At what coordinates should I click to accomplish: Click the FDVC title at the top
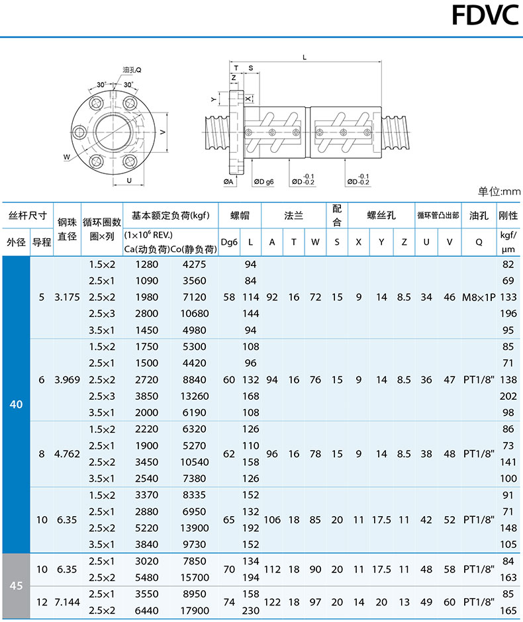click(x=484, y=15)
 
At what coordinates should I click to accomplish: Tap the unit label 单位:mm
click(x=499, y=192)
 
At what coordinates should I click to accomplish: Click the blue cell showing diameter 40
click(x=17, y=404)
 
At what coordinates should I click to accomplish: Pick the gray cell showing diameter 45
click(x=17, y=586)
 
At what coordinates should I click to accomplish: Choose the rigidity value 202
click(x=508, y=396)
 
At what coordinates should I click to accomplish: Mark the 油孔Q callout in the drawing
click(x=132, y=69)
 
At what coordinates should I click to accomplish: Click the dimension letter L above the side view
click(x=304, y=58)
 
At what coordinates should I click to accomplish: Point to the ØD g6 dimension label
click(x=263, y=181)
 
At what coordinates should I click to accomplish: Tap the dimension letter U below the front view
click(x=128, y=180)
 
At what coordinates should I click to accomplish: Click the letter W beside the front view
click(x=67, y=157)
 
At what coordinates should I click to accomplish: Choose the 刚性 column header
click(x=508, y=216)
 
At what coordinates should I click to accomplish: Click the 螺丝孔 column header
click(x=381, y=216)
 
